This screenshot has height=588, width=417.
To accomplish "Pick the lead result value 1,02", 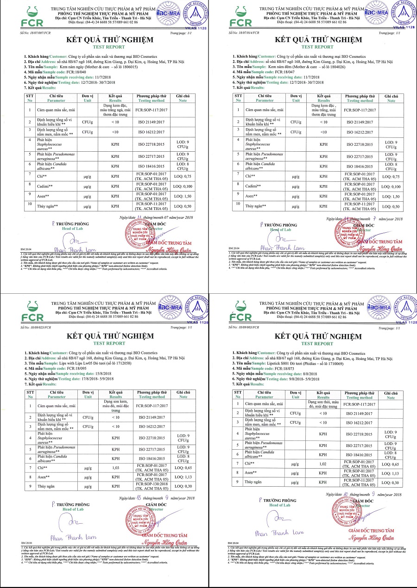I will [323, 463].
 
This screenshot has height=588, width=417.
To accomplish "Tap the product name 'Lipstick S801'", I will [283, 363].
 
